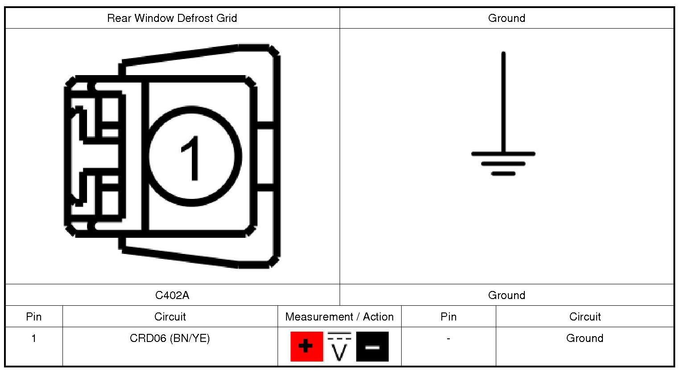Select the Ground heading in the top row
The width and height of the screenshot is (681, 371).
507,18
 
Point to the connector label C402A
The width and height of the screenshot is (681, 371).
172,295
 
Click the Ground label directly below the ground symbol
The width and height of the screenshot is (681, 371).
507,295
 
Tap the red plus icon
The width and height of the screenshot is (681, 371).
307,346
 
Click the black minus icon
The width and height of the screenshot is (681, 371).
372,346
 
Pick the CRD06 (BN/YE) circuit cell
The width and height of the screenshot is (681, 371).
170,338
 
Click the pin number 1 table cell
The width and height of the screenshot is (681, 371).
34,338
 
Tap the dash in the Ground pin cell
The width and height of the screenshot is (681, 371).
448,338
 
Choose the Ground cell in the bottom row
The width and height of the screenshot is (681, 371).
585,338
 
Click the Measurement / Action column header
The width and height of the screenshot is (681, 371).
339,317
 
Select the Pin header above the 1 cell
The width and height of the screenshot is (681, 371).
34,317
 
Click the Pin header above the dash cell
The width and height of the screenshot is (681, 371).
448,317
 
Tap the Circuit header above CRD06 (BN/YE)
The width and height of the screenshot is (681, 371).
170,317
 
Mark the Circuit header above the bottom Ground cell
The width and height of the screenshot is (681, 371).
585,317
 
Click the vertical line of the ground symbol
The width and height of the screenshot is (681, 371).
503,103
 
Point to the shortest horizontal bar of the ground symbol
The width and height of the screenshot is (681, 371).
503,173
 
